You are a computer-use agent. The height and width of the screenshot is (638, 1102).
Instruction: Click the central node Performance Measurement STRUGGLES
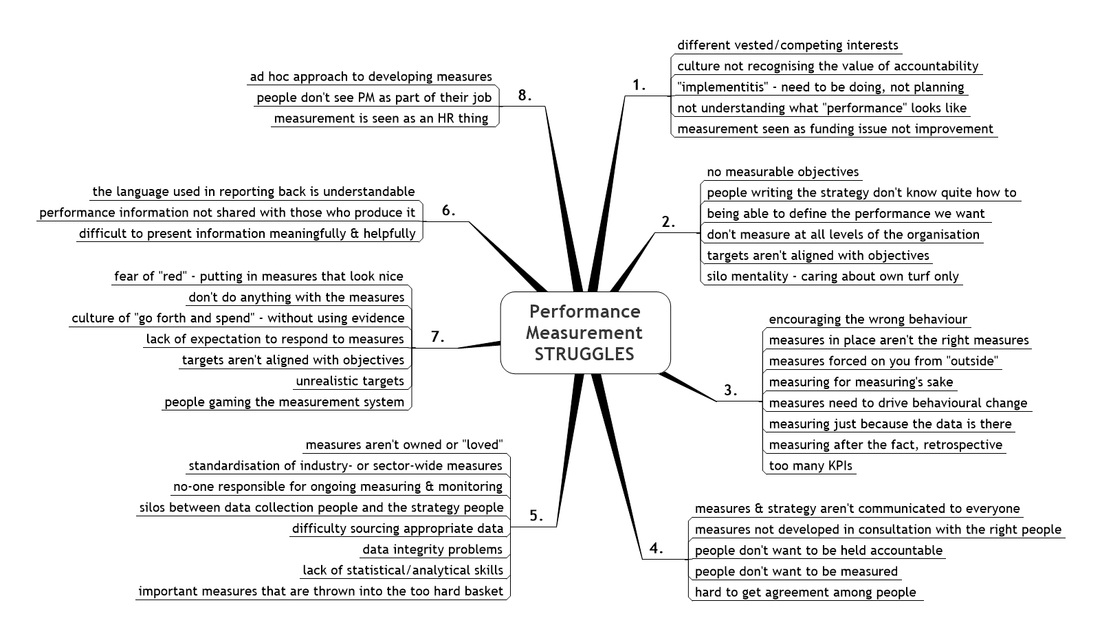(x=585, y=333)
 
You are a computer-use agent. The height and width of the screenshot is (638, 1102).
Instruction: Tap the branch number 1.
(x=639, y=85)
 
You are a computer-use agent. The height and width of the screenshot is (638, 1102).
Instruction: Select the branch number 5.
(x=536, y=516)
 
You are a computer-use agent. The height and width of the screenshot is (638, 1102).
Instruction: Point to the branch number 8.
(x=525, y=96)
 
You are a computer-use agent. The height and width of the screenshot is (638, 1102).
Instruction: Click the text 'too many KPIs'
(x=811, y=465)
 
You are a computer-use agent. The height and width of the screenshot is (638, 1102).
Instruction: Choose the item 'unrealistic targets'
(x=350, y=381)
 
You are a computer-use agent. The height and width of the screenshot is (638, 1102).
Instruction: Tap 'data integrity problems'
(x=432, y=549)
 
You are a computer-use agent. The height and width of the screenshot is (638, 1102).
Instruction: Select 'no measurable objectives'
(x=783, y=172)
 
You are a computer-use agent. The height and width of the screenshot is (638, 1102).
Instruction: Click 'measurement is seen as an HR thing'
(x=382, y=118)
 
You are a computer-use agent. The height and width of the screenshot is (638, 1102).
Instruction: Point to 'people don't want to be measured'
(x=797, y=571)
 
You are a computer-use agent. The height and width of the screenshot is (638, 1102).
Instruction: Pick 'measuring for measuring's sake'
(x=861, y=382)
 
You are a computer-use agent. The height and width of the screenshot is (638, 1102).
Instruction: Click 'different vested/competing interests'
(x=788, y=45)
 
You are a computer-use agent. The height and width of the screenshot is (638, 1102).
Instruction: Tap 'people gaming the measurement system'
(x=285, y=402)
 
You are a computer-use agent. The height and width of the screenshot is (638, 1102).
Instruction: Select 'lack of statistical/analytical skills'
(x=403, y=570)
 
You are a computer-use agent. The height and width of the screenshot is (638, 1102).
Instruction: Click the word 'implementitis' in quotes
(x=723, y=87)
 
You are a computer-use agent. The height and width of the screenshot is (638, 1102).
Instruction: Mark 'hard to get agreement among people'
(x=805, y=592)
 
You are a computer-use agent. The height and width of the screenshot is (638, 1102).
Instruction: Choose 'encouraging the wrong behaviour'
(x=868, y=319)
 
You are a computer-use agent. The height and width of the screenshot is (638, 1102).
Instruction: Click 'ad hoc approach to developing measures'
(x=371, y=77)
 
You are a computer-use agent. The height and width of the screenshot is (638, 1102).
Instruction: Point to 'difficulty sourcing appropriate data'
(x=398, y=528)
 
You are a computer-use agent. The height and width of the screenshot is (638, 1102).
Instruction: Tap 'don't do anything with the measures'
(x=297, y=297)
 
